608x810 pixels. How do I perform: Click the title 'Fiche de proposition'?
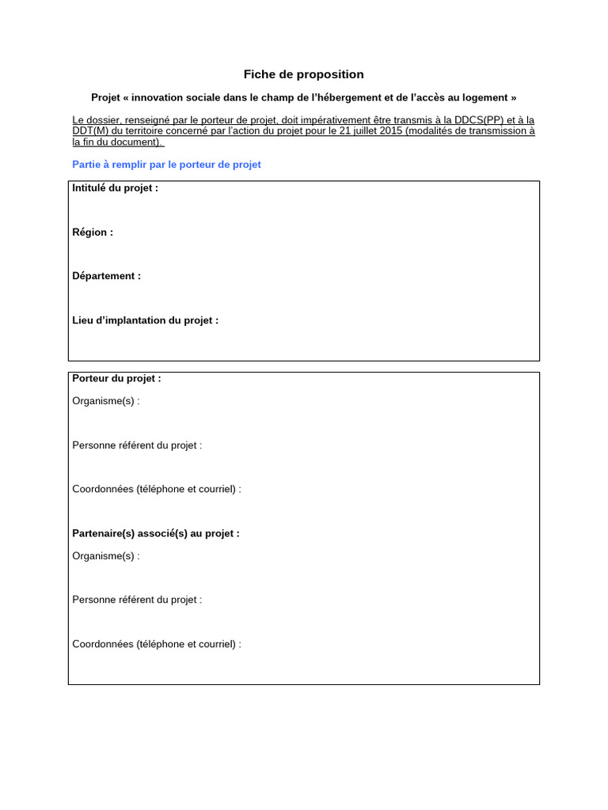(303, 74)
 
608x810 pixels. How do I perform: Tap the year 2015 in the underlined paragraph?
(390, 131)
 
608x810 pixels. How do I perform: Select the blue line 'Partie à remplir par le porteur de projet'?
(166, 165)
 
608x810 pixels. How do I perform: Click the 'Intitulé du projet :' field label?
(115, 188)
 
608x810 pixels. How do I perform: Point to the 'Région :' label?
(93, 233)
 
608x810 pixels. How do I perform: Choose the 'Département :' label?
(106, 276)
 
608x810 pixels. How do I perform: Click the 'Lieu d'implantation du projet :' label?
(145, 320)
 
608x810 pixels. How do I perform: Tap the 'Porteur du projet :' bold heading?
(116, 379)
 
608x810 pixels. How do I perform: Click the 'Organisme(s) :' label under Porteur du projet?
(105, 401)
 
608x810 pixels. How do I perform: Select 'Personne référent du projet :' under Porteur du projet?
(137, 445)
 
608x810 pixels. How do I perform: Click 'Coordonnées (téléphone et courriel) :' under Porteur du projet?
(157, 490)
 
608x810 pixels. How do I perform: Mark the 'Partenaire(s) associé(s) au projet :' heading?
(155, 534)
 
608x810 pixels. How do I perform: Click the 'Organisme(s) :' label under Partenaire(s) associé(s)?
(105, 556)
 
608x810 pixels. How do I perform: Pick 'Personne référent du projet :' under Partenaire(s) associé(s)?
(137, 600)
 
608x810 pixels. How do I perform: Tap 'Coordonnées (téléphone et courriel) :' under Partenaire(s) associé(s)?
(157, 644)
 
